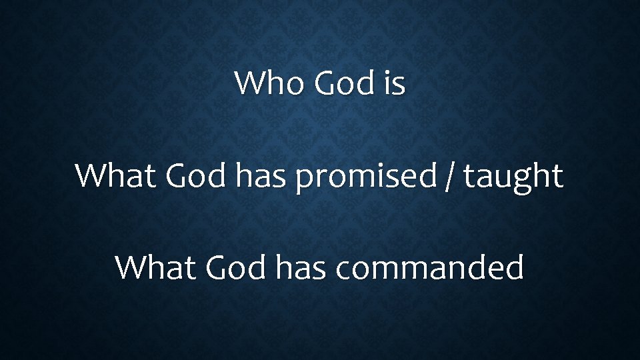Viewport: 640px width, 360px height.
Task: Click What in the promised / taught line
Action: coord(115,176)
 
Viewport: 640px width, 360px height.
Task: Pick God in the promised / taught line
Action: coord(197,176)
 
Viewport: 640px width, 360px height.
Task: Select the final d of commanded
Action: coord(515,267)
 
